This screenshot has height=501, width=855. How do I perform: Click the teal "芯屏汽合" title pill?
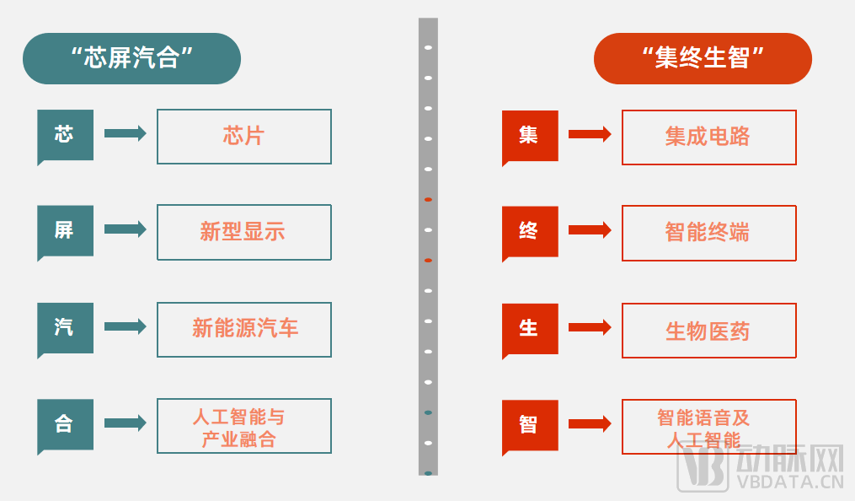click(131, 58)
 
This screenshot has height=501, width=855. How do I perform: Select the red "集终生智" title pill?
click(703, 58)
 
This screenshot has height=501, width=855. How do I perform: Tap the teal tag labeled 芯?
click(65, 134)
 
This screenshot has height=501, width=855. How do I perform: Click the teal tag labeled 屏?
click(65, 230)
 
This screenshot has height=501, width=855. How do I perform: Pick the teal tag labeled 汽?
click(65, 327)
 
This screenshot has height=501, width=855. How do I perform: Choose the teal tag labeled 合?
click(65, 424)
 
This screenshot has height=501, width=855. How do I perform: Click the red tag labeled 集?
click(529, 135)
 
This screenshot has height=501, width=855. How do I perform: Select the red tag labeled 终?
click(529, 231)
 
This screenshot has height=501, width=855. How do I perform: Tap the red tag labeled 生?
click(529, 328)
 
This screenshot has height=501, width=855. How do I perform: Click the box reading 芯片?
click(244, 136)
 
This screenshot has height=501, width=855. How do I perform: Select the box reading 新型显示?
click(244, 232)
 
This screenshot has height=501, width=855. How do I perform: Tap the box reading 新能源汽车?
click(244, 329)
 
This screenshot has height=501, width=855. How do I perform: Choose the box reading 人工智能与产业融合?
click(244, 426)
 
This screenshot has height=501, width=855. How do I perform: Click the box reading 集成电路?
click(708, 137)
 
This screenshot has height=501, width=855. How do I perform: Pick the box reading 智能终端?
click(708, 233)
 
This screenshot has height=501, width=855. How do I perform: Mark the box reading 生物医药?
click(708, 331)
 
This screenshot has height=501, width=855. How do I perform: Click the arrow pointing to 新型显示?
click(125, 229)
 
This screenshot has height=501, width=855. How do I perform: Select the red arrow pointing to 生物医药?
click(590, 327)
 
